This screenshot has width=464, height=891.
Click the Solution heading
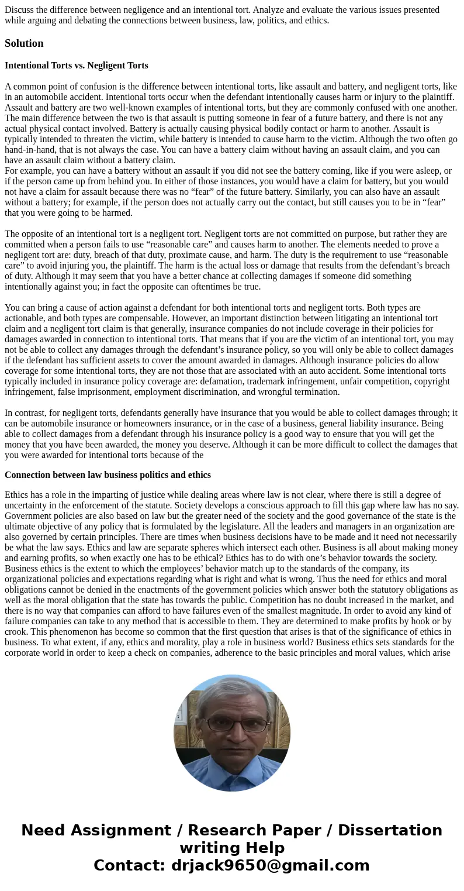click(24, 43)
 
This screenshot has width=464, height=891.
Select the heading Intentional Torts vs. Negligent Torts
click(76, 66)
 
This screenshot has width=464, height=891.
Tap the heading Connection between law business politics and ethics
click(108, 474)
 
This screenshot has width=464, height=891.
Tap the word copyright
click(430, 381)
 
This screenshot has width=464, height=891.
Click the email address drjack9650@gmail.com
click(270, 866)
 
